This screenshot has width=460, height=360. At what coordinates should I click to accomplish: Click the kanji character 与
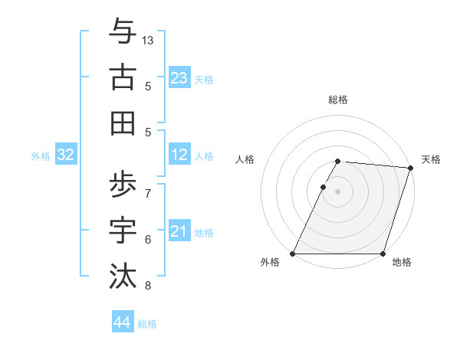[123, 32]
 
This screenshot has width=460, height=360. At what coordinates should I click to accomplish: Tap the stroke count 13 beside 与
[148, 40]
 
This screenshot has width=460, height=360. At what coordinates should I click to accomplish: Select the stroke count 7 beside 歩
[148, 192]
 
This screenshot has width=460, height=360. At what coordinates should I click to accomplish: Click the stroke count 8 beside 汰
[148, 286]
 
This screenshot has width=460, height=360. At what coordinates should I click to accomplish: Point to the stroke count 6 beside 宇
[148, 240]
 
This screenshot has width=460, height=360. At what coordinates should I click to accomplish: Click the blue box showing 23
[179, 77]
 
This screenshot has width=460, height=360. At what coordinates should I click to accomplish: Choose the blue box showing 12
[179, 155]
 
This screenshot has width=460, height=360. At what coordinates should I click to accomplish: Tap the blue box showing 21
[179, 231]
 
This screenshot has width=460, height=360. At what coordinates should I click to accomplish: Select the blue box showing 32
[66, 155]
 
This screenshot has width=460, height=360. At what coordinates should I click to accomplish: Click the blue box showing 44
[123, 322]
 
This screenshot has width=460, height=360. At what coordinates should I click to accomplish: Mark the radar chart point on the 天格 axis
[411, 168]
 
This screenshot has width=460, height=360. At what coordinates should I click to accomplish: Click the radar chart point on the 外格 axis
[293, 254]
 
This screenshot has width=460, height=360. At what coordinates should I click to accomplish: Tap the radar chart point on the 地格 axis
[383, 254]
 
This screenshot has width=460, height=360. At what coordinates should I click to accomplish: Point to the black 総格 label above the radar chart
[338, 100]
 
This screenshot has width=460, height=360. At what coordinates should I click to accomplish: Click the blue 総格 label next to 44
[147, 324]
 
